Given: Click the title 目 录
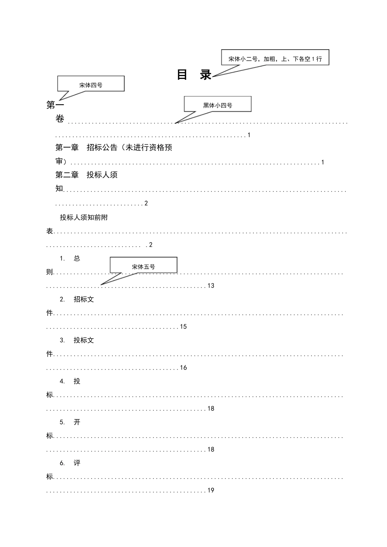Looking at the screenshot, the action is (194, 75).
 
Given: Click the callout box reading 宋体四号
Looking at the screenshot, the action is (91, 85).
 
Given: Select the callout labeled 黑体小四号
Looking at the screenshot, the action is (218, 105).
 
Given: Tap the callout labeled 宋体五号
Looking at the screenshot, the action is (143, 266).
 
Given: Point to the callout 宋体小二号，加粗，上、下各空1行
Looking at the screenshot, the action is (275, 58).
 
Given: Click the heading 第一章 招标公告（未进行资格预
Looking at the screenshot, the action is (114, 148).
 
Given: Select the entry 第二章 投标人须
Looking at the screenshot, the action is (86, 175).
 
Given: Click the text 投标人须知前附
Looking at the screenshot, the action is (84, 217).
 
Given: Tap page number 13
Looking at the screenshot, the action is (211, 286).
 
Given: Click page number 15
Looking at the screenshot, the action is (183, 327).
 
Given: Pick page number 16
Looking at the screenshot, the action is (183, 368).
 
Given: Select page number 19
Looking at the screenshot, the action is (211, 490).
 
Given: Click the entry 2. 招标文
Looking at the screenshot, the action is (77, 300).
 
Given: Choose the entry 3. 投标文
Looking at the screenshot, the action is (77, 340).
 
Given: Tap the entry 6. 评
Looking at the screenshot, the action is (70, 463).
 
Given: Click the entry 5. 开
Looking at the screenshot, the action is (70, 422).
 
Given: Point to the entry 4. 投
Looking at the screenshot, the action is (70, 381).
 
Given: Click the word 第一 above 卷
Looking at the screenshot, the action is (55, 105).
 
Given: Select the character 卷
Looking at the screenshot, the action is (60, 119).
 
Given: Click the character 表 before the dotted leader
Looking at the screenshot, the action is (50, 231).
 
